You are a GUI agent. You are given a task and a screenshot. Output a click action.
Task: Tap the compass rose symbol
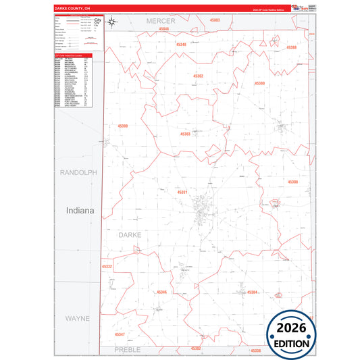click(x=113, y=22)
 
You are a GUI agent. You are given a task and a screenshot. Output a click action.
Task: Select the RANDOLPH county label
click(x=78, y=173)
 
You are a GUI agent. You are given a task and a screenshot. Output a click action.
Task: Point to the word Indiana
click(x=80, y=211)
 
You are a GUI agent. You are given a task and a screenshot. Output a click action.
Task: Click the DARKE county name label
click(x=131, y=235)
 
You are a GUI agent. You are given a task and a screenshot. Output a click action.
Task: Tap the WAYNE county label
click(x=78, y=317)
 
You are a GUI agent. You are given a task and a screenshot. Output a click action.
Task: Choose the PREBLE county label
click(x=127, y=350)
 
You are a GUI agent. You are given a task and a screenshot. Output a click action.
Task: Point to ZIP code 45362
click(x=198, y=76)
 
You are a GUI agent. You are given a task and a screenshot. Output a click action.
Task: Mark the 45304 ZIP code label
click(x=253, y=292)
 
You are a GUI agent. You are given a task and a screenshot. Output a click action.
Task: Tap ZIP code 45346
click(x=161, y=292)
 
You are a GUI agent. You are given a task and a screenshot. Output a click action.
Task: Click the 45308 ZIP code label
click(x=292, y=182)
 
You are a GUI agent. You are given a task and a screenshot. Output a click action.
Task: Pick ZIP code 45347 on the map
click(x=120, y=334)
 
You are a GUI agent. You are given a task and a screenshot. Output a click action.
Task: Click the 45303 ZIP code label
click(x=184, y=134)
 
